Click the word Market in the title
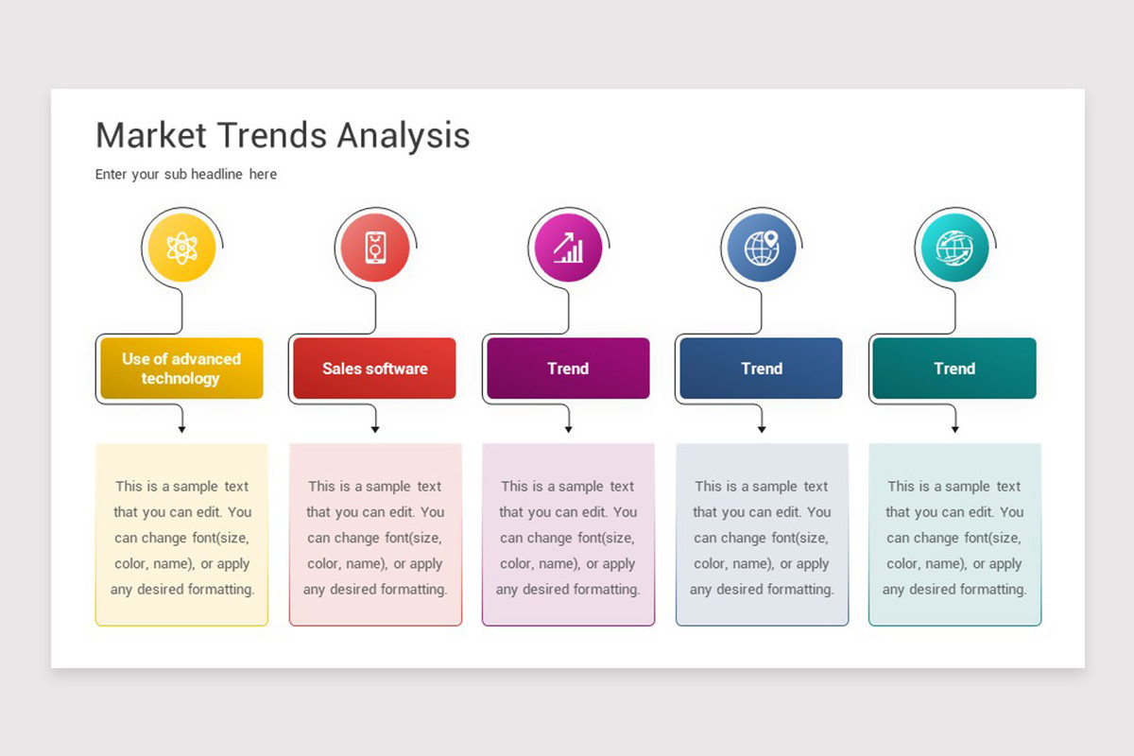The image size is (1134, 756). pyautogui.click(x=151, y=135)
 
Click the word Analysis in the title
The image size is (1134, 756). pyautogui.click(x=404, y=136)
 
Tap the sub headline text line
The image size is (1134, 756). pyautogui.click(x=186, y=174)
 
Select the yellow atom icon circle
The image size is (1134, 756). pyautogui.click(x=181, y=248)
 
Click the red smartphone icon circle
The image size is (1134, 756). pyautogui.click(x=375, y=248)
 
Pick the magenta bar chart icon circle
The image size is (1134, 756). pyautogui.click(x=569, y=248)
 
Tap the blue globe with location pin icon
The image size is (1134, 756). pyautogui.click(x=762, y=248)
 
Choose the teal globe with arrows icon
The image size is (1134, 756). pyautogui.click(x=954, y=248)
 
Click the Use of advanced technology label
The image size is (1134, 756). pyautogui.click(x=181, y=369)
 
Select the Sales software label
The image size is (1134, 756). pyautogui.click(x=374, y=369)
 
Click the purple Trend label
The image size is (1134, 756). pyautogui.click(x=569, y=369)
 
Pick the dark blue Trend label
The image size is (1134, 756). pyautogui.click(x=762, y=369)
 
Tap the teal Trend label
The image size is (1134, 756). pyautogui.click(x=954, y=369)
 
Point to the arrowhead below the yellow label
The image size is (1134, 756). pyautogui.click(x=181, y=429)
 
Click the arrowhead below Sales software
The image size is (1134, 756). pyautogui.click(x=375, y=429)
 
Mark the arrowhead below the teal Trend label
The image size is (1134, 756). pyautogui.click(x=954, y=429)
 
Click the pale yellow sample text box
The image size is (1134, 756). pyautogui.click(x=181, y=535)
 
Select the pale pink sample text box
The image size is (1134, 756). pyautogui.click(x=376, y=535)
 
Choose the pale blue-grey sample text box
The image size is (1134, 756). pyautogui.click(x=762, y=535)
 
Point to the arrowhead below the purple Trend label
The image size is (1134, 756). pyautogui.click(x=569, y=429)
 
